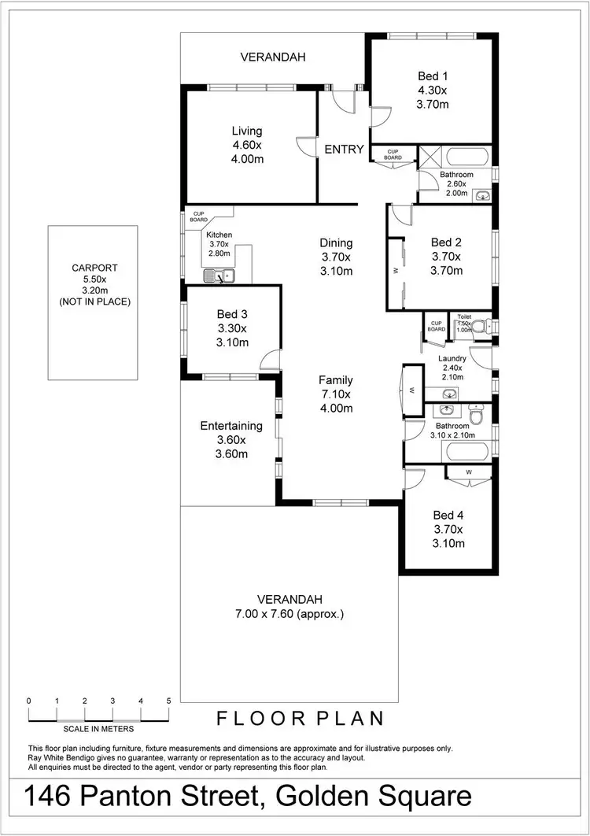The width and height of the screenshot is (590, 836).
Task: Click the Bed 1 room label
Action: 433,76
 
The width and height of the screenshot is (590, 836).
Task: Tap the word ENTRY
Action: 345,150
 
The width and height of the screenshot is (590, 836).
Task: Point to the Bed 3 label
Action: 232,315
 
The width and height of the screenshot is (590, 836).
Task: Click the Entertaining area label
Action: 231,426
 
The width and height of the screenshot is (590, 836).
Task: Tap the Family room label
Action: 336,380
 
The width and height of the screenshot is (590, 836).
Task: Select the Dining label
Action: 336,243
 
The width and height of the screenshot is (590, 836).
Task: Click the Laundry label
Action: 452,358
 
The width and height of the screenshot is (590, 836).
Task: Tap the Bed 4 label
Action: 448,516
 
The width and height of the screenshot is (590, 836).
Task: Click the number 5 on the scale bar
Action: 168,700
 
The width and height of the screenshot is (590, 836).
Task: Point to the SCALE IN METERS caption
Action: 99,729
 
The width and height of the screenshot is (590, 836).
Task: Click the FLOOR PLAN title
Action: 301,718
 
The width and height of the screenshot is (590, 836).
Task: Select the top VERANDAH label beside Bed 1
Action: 273,57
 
